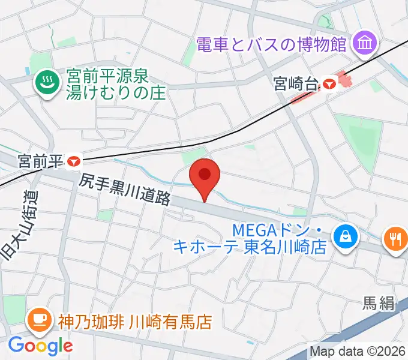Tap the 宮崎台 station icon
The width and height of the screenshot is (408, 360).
tap(329, 83)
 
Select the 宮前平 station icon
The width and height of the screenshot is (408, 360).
tap(74, 161)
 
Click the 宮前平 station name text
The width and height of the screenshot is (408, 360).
tap(41, 161)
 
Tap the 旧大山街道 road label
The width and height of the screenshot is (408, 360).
tap(18, 226)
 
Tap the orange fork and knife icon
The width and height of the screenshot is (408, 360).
tap(395, 239)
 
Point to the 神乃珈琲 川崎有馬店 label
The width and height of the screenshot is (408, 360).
tap(134, 322)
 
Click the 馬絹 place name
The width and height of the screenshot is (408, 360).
tap(379, 304)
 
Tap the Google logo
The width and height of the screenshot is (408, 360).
tap(40, 346)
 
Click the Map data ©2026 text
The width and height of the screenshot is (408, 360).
tap(358, 352)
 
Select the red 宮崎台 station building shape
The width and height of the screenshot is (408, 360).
tap(343, 79)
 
